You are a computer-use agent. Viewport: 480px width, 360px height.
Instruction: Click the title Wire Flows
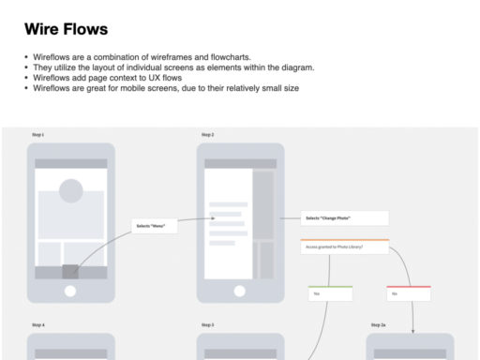click(x=66, y=30)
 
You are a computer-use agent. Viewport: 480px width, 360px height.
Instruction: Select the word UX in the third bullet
click(x=162, y=78)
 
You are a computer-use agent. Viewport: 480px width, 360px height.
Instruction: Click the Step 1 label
click(x=37, y=135)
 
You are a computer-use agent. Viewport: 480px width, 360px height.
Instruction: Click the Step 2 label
click(x=207, y=135)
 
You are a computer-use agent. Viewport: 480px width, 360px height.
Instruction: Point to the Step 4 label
click(x=37, y=324)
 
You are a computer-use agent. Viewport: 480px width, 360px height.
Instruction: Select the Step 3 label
click(x=207, y=324)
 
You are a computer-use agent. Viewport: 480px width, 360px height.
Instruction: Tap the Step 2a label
click(x=378, y=324)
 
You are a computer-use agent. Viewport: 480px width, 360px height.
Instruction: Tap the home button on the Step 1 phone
click(x=70, y=291)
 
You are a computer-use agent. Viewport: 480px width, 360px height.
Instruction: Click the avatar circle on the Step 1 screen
click(x=70, y=190)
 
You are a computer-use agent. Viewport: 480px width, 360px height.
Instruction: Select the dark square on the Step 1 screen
click(x=70, y=272)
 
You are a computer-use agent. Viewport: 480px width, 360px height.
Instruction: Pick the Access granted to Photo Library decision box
click(x=345, y=247)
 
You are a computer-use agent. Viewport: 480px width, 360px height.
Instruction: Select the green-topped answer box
click(x=331, y=293)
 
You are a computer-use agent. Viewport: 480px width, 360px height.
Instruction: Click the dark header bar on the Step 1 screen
click(x=70, y=163)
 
